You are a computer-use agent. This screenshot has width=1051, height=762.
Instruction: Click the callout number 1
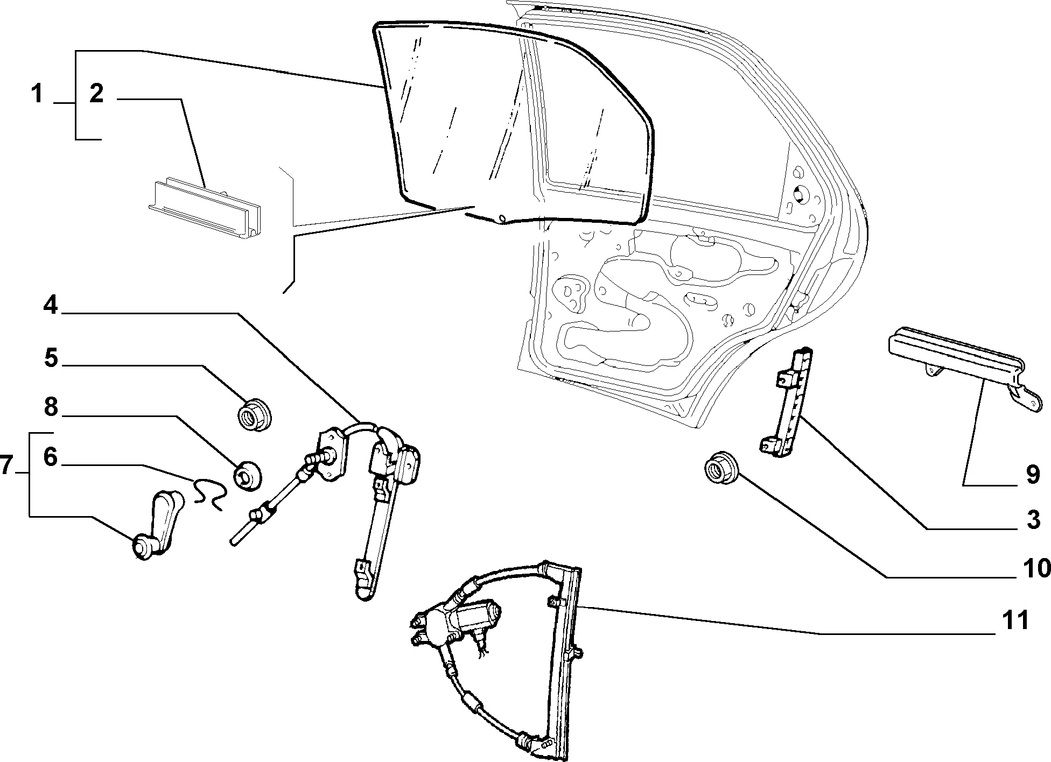click(37, 94)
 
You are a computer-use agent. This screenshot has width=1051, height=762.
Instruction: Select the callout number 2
click(96, 94)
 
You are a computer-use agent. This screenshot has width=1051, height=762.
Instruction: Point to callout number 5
click(51, 358)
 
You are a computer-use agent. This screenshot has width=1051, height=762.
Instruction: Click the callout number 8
click(51, 407)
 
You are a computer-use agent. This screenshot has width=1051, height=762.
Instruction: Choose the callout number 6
click(50, 458)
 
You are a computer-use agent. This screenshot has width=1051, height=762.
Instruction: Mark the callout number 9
click(1032, 475)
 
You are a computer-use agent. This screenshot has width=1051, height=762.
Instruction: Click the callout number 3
click(1032, 521)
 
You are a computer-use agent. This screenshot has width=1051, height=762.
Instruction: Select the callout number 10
click(1036, 568)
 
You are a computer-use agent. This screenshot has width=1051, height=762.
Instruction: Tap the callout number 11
click(1015, 620)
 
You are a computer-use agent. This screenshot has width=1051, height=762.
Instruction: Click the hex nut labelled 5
click(255, 415)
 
